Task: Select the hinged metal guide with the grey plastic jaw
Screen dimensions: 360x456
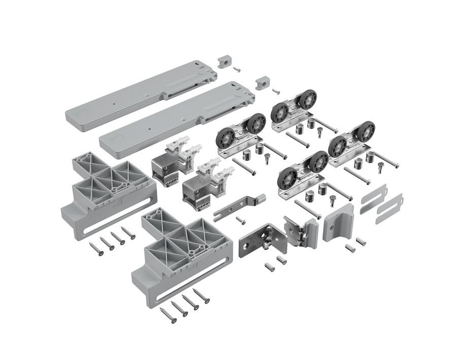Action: [x=300, y=232]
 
